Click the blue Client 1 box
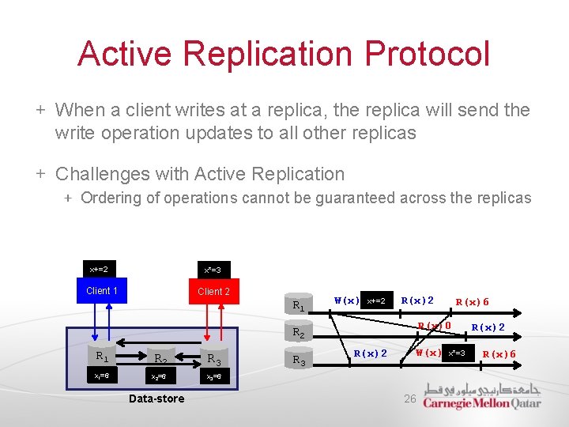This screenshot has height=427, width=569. (x=102, y=291)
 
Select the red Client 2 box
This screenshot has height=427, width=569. (x=213, y=291)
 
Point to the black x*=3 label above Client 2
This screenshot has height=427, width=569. (x=212, y=270)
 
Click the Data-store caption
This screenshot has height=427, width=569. (x=156, y=399)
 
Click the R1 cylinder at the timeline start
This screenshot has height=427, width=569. (x=298, y=305)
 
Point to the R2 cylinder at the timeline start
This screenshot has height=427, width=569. (x=298, y=333)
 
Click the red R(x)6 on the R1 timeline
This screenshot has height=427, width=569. (x=472, y=301)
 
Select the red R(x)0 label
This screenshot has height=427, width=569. (x=434, y=325)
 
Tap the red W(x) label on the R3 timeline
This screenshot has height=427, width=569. (x=428, y=353)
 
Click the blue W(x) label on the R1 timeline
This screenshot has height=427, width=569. (x=346, y=300)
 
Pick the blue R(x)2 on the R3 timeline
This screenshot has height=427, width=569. (x=370, y=353)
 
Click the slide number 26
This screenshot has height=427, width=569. (x=409, y=399)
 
